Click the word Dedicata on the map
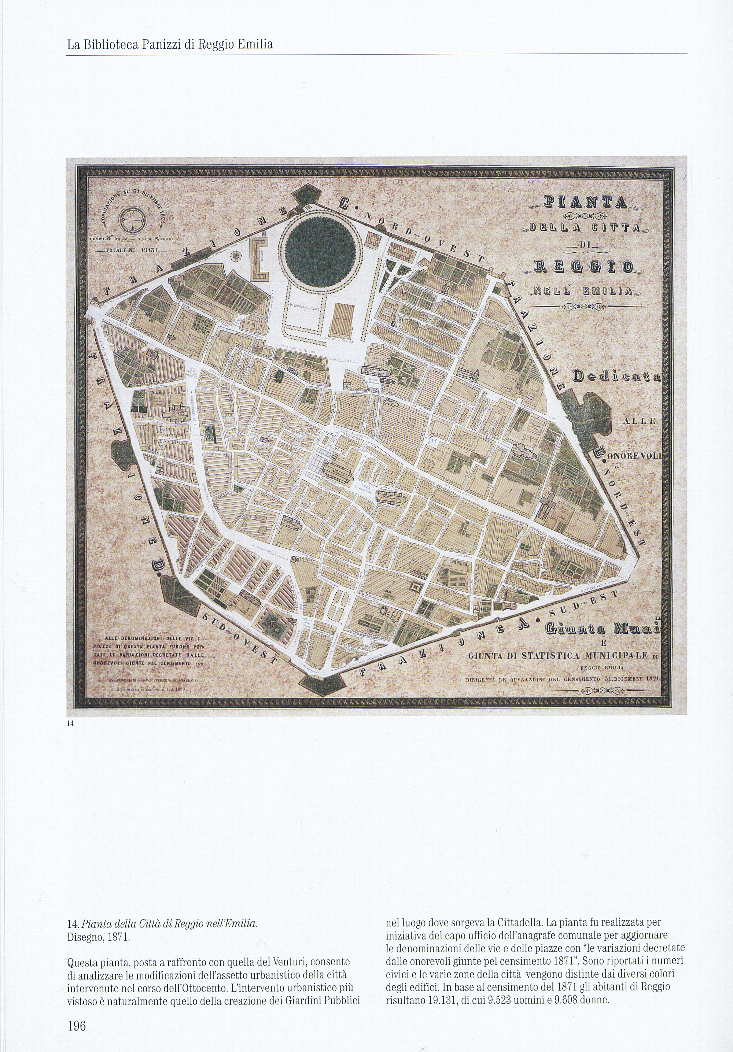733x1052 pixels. click(x=616, y=377)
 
